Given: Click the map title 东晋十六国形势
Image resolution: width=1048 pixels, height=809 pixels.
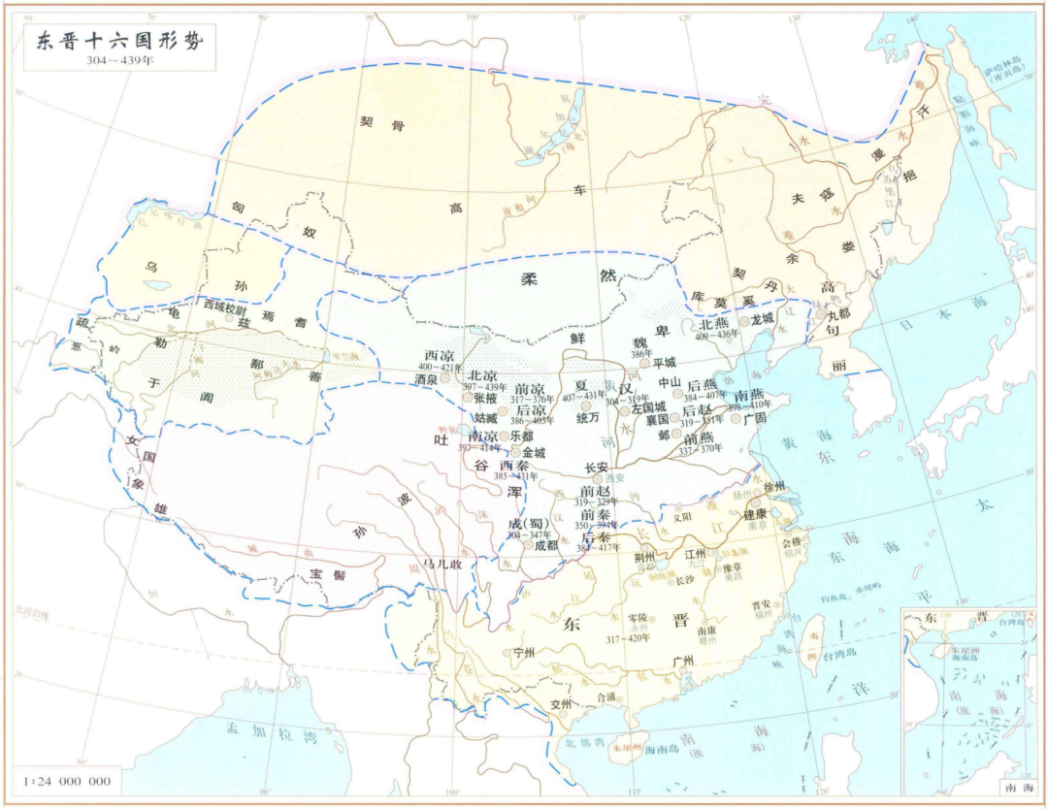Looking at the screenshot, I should (x=114, y=42).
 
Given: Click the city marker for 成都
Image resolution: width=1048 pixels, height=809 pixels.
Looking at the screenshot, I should (x=529, y=545).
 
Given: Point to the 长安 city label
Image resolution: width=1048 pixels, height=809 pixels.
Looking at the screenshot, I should (x=597, y=467).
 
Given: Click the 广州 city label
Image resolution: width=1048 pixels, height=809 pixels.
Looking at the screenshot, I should (x=683, y=661).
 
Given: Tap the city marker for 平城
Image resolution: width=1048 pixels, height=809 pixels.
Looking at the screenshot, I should (x=644, y=363).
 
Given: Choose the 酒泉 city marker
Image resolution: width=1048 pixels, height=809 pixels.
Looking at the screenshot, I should (x=445, y=378).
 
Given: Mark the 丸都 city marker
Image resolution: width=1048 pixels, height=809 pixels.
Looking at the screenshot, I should (x=820, y=314).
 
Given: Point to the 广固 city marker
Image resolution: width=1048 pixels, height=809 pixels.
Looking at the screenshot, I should (x=736, y=419).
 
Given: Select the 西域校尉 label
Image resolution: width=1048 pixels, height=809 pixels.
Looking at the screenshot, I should (x=226, y=305).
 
